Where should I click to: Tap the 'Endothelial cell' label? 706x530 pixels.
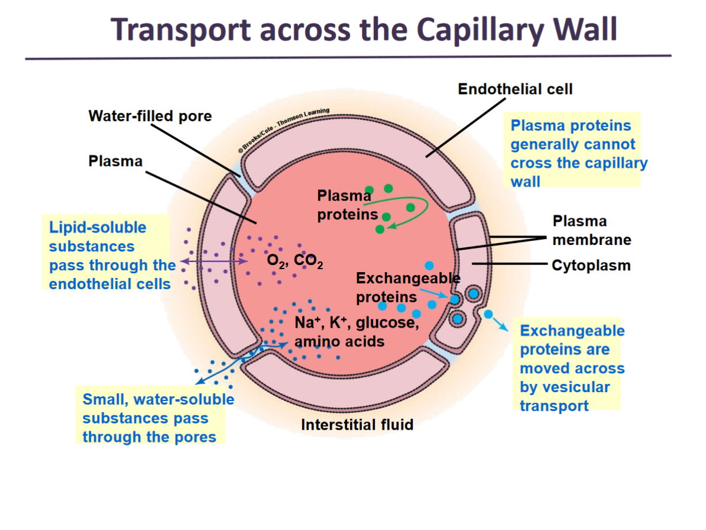(x=515, y=89)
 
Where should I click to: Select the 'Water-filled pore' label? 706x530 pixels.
(x=150, y=116)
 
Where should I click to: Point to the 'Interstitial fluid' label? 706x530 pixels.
(x=357, y=425)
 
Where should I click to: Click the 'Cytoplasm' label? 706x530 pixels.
(x=591, y=266)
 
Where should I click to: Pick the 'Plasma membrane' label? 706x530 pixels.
(x=591, y=230)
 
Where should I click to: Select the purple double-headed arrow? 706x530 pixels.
(x=214, y=261)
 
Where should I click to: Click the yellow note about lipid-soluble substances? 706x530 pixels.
(x=112, y=256)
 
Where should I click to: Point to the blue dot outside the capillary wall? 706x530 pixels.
(x=488, y=314)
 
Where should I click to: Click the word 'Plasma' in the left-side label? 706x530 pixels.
(x=115, y=161)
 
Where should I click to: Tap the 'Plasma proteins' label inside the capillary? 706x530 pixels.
(x=347, y=205)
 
